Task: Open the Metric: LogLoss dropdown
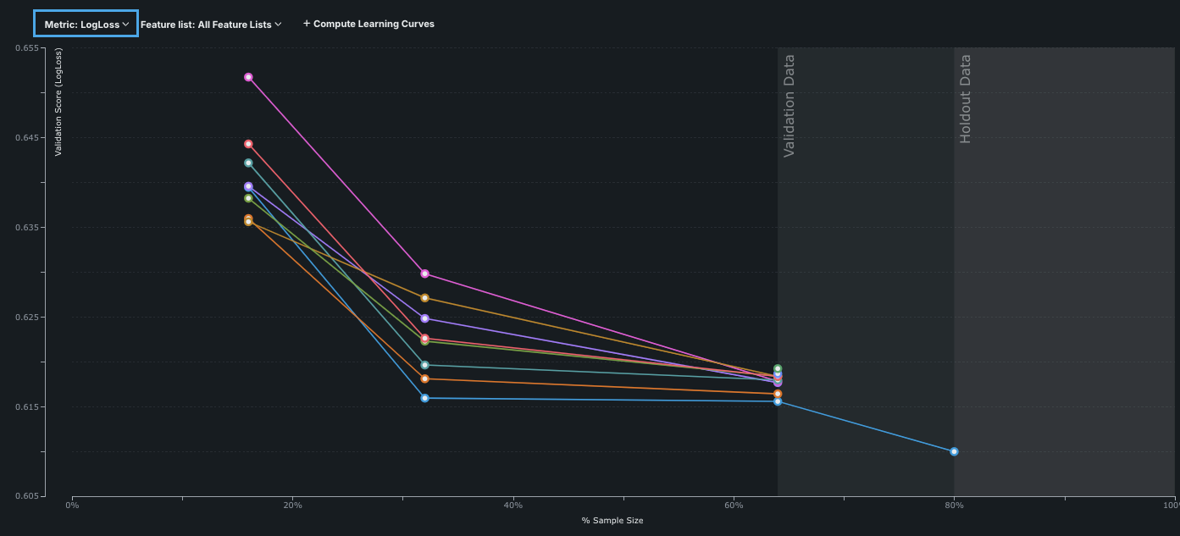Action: click(86, 25)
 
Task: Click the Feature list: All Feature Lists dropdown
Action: click(210, 25)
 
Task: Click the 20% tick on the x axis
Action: click(292, 506)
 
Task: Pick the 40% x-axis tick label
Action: click(512, 506)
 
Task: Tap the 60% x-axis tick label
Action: click(734, 506)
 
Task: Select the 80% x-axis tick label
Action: click(954, 506)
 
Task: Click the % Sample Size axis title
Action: click(612, 521)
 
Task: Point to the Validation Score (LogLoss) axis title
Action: click(58, 102)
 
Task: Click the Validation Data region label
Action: click(789, 106)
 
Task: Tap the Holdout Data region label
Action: click(966, 99)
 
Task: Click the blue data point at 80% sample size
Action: click(954, 451)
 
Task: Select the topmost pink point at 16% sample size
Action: click(248, 77)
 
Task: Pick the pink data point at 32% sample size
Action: click(425, 274)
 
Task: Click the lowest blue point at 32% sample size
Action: click(425, 398)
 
